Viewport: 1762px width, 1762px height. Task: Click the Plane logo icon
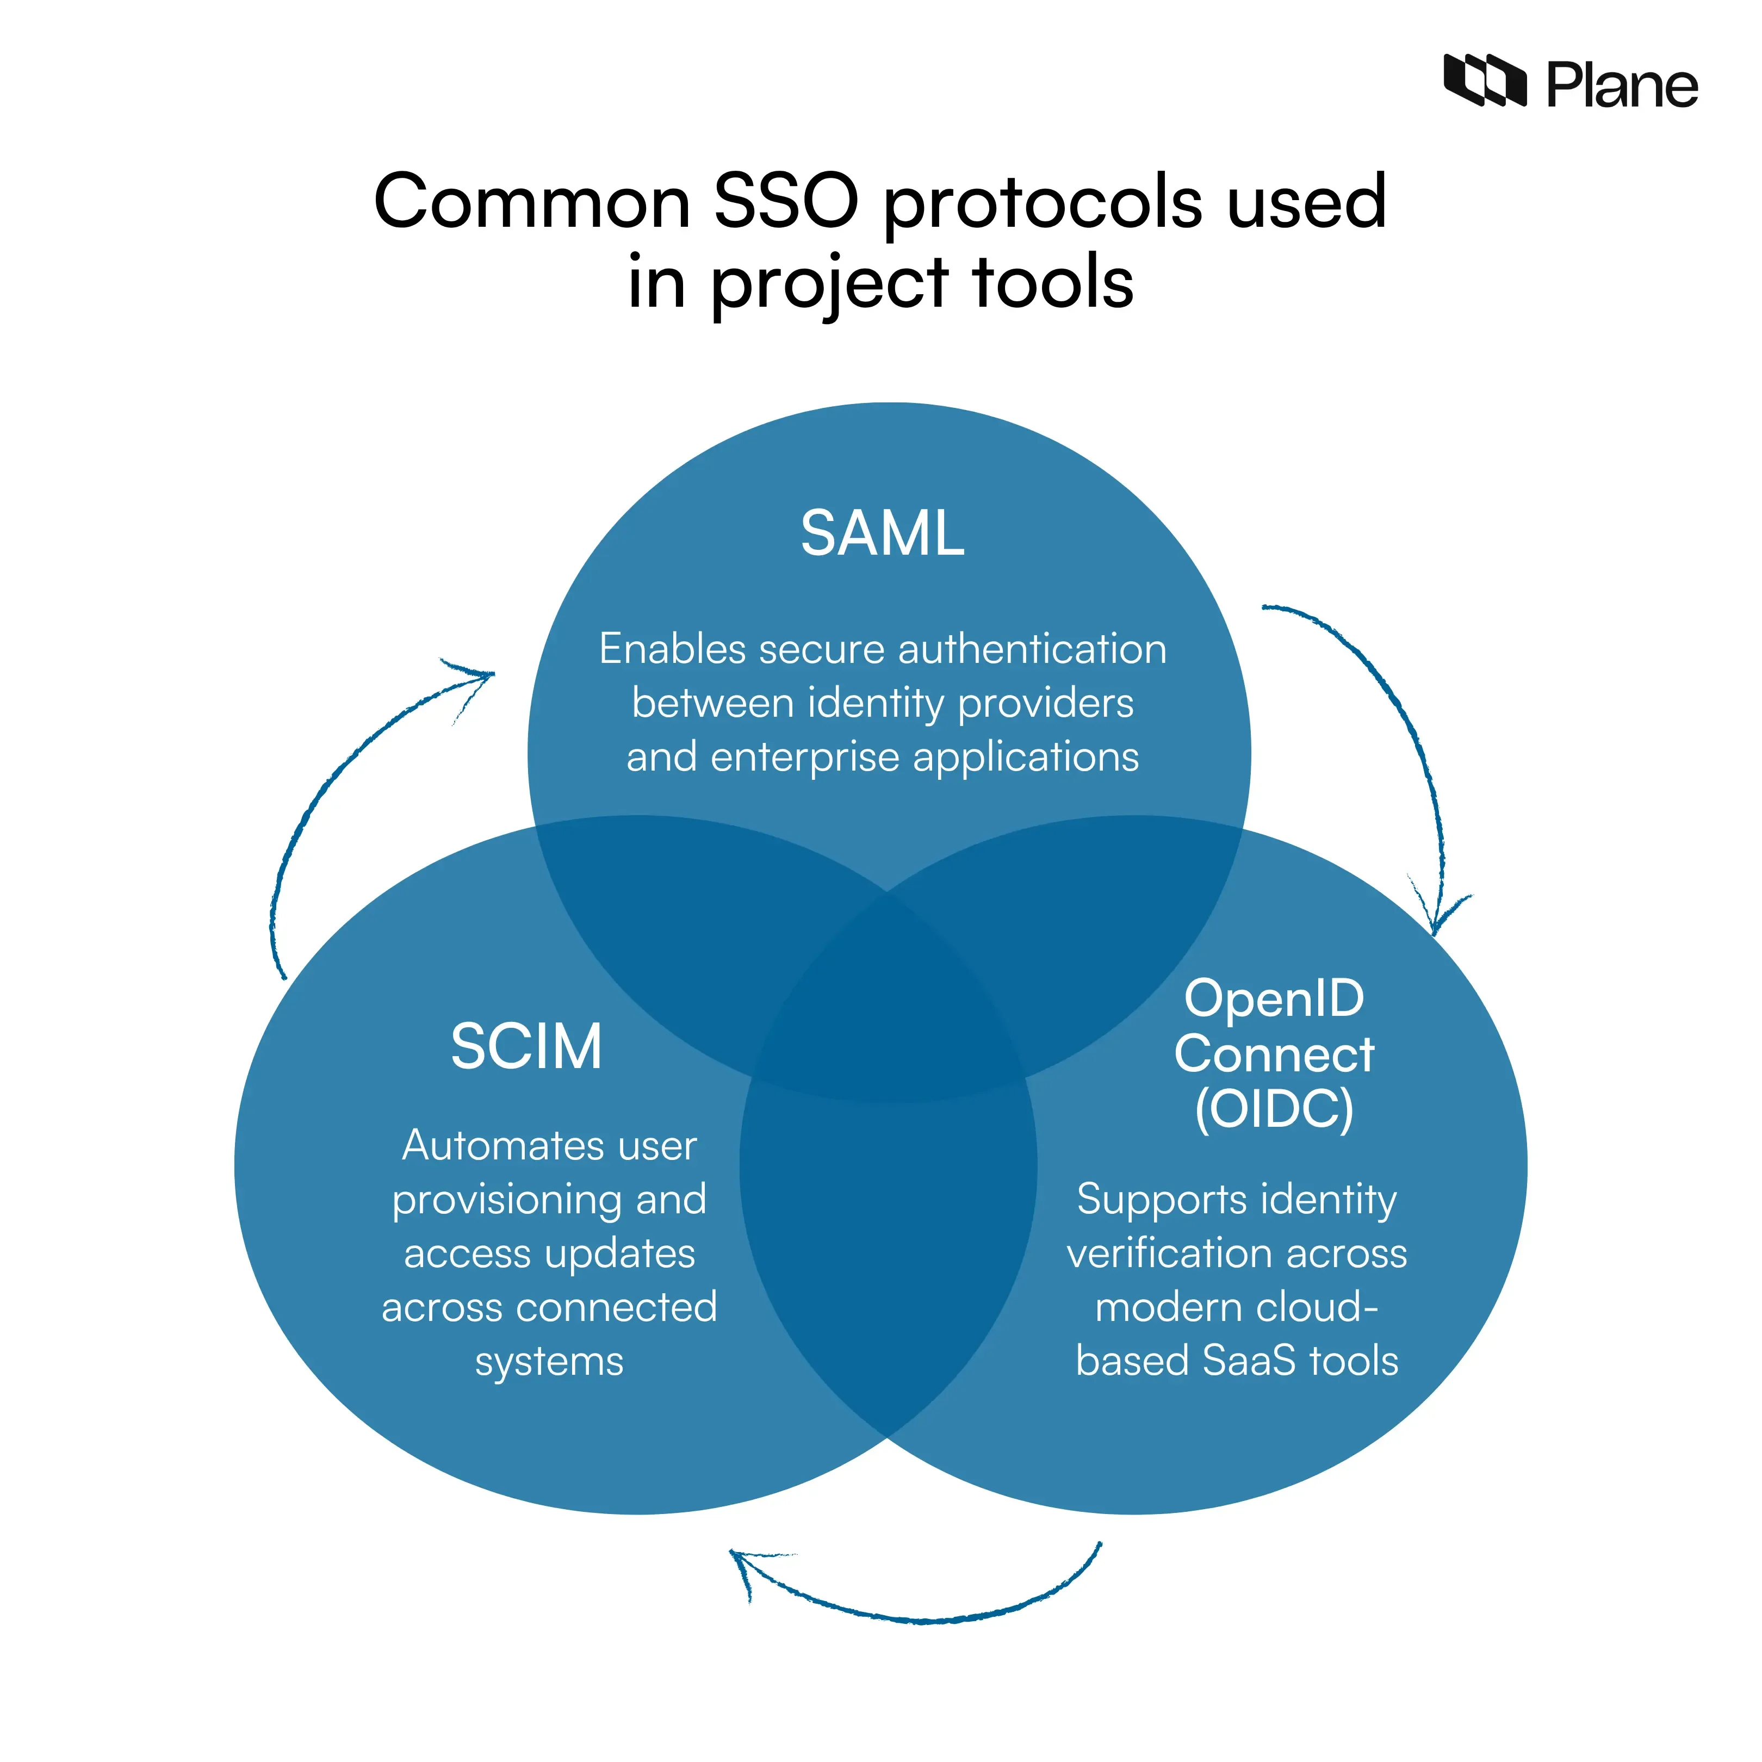click(x=1484, y=80)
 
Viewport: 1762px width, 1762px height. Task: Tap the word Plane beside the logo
click(x=1622, y=86)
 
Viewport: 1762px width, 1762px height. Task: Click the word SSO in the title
click(x=786, y=202)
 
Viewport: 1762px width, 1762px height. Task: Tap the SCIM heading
click(x=526, y=1046)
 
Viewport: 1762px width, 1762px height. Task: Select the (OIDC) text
click(x=1274, y=1109)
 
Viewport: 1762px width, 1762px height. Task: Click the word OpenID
click(x=1274, y=998)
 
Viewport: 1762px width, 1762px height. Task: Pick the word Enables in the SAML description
click(x=673, y=649)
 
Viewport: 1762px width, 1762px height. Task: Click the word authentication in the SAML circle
click(x=1032, y=649)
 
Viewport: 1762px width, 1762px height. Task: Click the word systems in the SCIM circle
click(x=549, y=1362)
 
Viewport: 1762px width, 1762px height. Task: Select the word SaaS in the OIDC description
click(x=1249, y=1361)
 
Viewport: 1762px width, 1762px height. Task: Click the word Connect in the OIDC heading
click(x=1274, y=1054)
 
